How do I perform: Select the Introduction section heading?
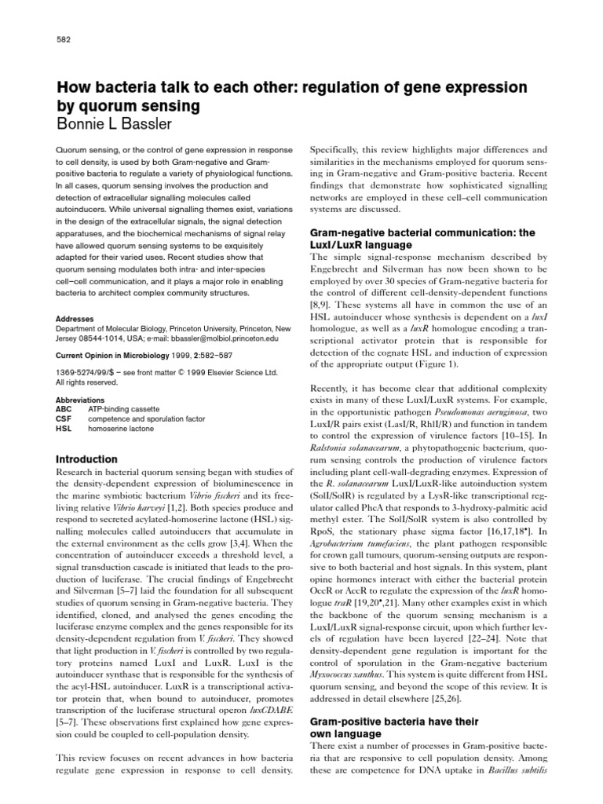click(86, 459)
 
